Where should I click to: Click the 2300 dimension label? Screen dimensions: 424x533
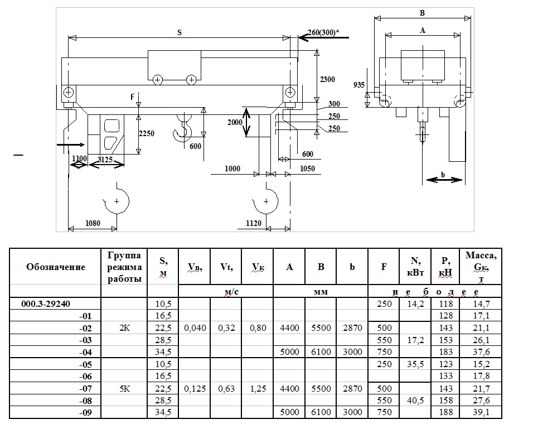(327, 80)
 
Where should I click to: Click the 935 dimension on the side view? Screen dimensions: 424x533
(359, 85)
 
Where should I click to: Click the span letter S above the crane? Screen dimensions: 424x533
(179, 32)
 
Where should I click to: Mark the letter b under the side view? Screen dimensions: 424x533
(443, 174)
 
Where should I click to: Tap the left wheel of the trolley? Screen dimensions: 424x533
(158, 80)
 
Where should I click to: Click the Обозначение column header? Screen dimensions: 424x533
(56, 267)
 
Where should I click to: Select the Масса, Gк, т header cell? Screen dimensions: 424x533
(481, 267)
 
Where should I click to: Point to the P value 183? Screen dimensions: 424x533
(445, 353)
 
